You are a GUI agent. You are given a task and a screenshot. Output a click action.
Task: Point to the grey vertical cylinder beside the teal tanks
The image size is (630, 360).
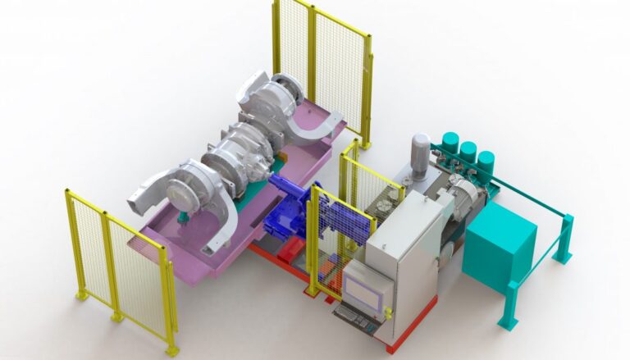point(420,156)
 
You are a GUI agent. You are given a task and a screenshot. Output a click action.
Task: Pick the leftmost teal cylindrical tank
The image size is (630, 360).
point(450,144)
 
